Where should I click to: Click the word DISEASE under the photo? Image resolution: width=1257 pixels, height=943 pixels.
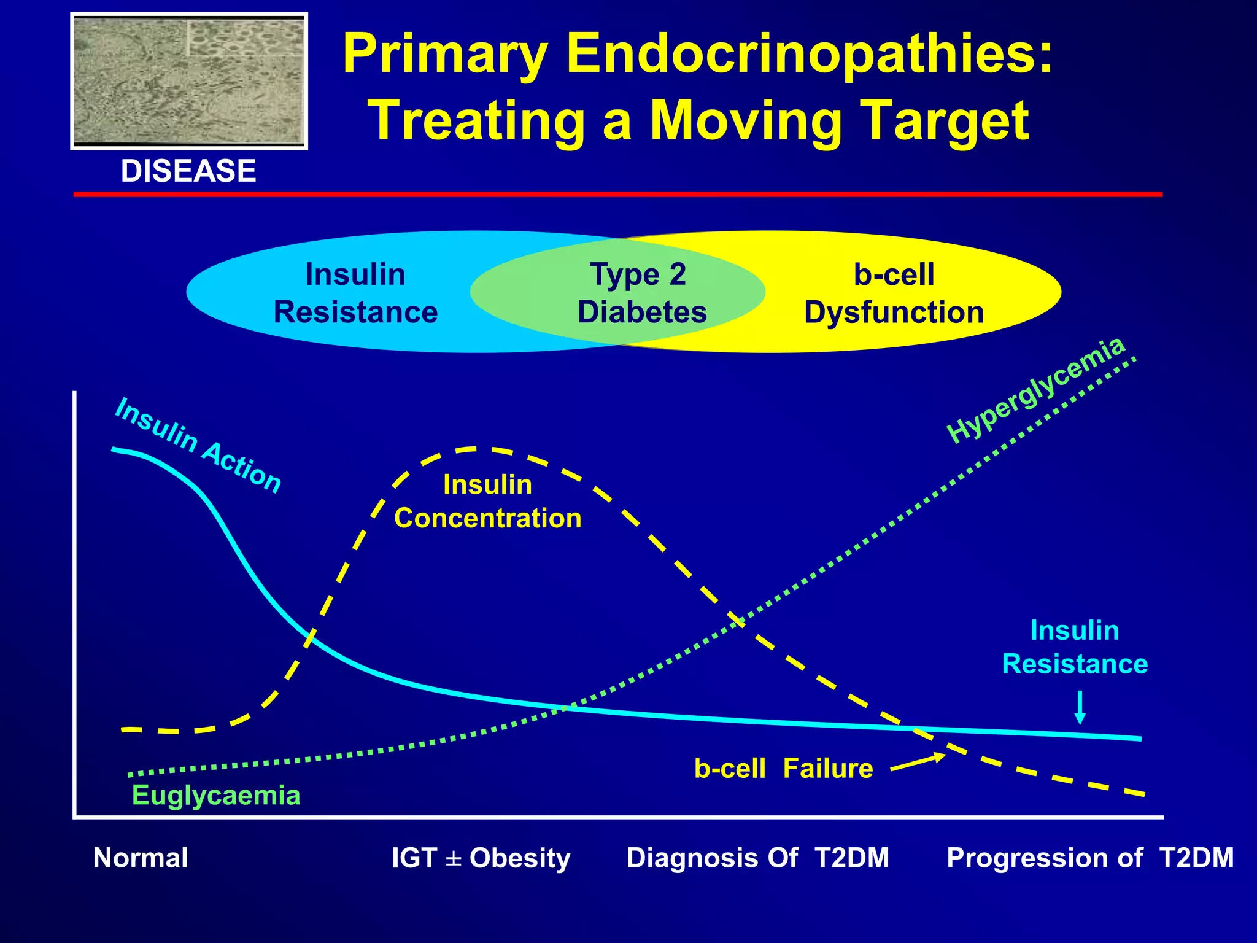pyautogui.click(x=188, y=171)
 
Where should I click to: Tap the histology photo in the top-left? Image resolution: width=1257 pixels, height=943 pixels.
pyautogui.click(x=189, y=81)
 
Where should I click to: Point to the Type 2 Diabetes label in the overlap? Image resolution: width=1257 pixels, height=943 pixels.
pyautogui.click(x=640, y=293)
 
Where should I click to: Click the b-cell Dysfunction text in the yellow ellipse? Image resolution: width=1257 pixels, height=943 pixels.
pyautogui.click(x=894, y=293)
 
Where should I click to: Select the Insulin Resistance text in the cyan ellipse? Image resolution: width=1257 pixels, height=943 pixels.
pyautogui.click(x=355, y=293)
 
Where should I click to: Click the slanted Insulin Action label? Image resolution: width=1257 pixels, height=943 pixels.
pyautogui.click(x=198, y=445)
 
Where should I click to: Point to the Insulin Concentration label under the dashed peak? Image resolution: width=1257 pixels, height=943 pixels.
pyautogui.click(x=487, y=501)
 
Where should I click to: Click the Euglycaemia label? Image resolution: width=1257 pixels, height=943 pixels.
pyautogui.click(x=216, y=796)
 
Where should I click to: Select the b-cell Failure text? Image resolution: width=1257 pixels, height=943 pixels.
pyautogui.click(x=783, y=769)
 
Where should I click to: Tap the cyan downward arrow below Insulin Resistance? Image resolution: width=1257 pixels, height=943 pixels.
pyautogui.click(x=1080, y=707)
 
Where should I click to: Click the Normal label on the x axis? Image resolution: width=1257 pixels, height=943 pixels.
pyautogui.click(x=141, y=858)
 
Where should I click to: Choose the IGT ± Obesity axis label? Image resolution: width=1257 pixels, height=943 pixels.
pyautogui.click(x=481, y=858)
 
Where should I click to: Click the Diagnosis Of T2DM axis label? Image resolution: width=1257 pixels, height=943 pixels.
pyautogui.click(x=757, y=858)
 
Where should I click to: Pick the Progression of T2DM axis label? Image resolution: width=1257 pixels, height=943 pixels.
pyautogui.click(x=1090, y=858)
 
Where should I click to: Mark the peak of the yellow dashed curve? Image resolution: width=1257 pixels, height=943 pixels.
pyautogui.click(x=476, y=449)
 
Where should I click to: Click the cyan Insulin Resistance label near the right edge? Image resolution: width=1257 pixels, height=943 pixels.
pyautogui.click(x=1075, y=647)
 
